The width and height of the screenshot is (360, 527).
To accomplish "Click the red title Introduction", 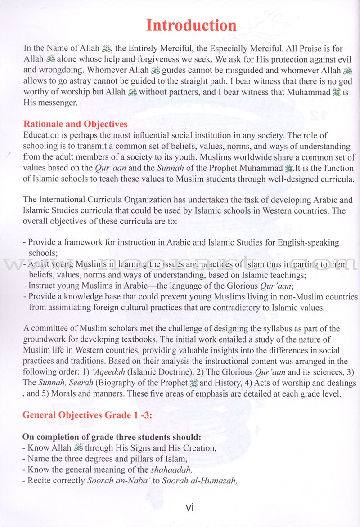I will (191, 25).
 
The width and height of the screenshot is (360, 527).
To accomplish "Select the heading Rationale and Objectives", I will (75, 124).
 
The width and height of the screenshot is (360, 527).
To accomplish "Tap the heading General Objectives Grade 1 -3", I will (87, 415).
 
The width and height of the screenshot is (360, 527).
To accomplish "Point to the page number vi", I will (189, 508).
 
